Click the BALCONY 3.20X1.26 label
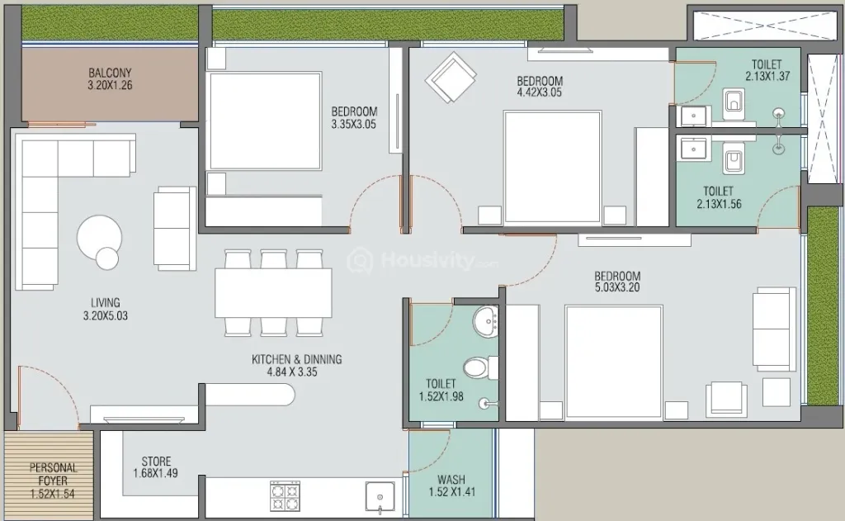[x=110, y=78]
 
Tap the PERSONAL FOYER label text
[x=53, y=474]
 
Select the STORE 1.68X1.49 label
[x=156, y=467]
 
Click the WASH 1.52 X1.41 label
[x=451, y=485]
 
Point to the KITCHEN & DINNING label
[x=297, y=359]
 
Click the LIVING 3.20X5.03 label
[x=106, y=309]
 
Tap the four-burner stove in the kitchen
[x=285, y=495]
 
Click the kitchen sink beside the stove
[x=380, y=496]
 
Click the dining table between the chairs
[x=273, y=293]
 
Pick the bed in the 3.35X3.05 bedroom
[x=265, y=121]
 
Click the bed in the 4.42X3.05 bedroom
[x=552, y=167]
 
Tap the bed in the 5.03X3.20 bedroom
[x=614, y=362]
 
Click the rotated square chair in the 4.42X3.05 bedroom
[x=451, y=78]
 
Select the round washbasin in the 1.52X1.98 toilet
[x=486, y=321]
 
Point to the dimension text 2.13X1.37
[x=767, y=77]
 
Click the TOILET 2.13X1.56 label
[x=719, y=197]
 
